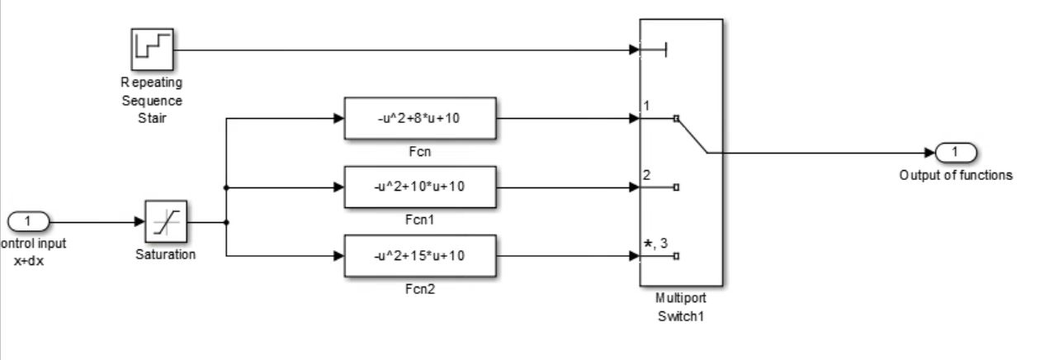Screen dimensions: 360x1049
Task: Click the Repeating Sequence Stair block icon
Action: click(x=152, y=49)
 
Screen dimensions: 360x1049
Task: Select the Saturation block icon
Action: click(x=166, y=222)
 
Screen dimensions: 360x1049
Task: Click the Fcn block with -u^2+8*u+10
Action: click(x=420, y=118)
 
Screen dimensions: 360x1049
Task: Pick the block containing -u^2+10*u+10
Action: click(x=420, y=187)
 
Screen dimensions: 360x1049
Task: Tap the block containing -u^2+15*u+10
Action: click(x=420, y=255)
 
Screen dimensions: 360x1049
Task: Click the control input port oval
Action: click(x=29, y=221)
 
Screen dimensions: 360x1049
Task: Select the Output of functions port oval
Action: click(x=956, y=153)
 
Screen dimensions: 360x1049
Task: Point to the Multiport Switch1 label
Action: click(x=681, y=307)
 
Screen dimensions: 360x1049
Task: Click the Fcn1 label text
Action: click(x=420, y=220)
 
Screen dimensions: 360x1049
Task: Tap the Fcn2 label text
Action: click(x=420, y=289)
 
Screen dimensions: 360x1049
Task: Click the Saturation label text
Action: click(x=166, y=254)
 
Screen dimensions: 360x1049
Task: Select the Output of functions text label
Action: click(x=956, y=175)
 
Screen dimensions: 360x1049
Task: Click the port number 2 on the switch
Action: click(x=647, y=174)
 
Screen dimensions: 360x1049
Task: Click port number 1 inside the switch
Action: click(x=647, y=106)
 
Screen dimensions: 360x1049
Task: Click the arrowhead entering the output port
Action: click(x=930, y=153)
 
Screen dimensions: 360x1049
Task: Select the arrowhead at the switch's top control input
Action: click(x=635, y=50)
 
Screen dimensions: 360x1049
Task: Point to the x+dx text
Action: click(x=29, y=258)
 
